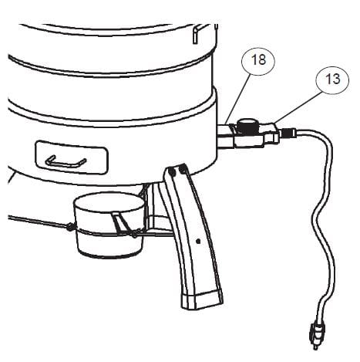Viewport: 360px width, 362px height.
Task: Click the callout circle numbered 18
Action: click(x=258, y=60)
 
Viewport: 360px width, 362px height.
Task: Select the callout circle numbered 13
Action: click(x=333, y=79)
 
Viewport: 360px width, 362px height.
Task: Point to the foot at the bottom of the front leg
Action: click(x=202, y=299)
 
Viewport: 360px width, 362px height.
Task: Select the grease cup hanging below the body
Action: click(x=110, y=225)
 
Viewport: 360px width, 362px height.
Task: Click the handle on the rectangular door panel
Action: click(x=66, y=162)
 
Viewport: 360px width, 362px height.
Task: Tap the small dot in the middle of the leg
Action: click(x=198, y=242)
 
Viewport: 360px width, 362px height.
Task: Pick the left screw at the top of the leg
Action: click(x=173, y=171)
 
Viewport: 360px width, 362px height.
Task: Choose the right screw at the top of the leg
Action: click(x=183, y=169)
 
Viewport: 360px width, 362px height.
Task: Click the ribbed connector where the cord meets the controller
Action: click(x=288, y=134)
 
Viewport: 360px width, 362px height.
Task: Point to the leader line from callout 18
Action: click(x=237, y=99)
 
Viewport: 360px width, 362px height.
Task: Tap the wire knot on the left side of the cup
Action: click(x=69, y=227)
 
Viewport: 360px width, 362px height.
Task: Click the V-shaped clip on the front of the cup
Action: click(x=123, y=224)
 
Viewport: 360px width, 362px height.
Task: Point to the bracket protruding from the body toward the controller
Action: click(x=225, y=135)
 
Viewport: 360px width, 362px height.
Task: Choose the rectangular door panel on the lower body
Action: click(x=72, y=157)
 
